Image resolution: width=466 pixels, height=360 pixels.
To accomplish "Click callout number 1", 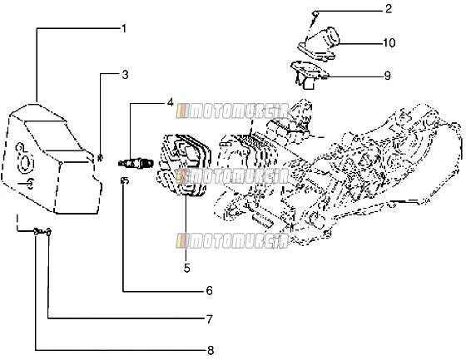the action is [124, 29].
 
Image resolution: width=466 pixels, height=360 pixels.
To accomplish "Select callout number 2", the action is [389, 9].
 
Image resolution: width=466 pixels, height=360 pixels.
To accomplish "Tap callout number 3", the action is [125, 75].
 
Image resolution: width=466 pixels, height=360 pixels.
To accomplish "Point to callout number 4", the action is [170, 103].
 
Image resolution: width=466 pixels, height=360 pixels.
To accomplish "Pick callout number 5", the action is [186, 268].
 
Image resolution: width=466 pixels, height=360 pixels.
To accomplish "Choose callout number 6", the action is [210, 290].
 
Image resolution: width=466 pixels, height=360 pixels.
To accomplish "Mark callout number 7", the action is [210, 319].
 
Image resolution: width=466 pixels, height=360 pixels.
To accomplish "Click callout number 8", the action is [211, 351].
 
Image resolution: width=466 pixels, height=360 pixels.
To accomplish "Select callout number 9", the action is [387, 76].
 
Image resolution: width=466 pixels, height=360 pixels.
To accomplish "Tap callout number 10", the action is [389, 42].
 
